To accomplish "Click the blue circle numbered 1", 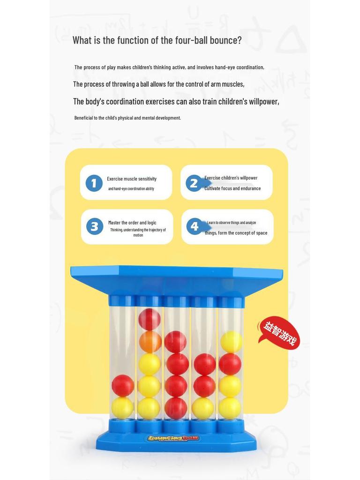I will [94, 183].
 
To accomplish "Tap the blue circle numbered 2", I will [194, 183].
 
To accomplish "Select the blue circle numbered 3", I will [94, 227].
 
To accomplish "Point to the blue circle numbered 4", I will [195, 227].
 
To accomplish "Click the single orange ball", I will [150, 342].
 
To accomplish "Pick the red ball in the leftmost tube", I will [122, 385].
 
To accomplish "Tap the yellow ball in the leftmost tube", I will [122, 407].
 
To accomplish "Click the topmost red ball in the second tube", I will [150, 319].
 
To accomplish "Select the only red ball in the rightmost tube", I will [230, 364].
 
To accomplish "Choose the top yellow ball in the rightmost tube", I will [231, 342].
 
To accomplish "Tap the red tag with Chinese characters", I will [279, 333].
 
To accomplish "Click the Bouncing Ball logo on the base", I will [173, 439].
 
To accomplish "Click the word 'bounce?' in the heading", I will [225, 40].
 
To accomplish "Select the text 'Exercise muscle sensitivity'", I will [132, 179].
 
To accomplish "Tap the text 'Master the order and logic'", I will [132, 223].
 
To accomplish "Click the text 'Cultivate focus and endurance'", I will [232, 188].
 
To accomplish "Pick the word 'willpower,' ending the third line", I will [263, 102].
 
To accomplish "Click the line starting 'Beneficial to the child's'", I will [127, 118].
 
